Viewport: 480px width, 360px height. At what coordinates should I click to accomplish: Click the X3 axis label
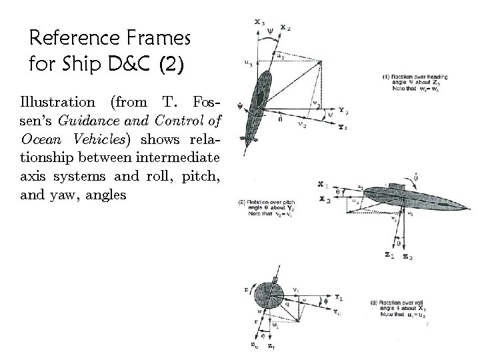pyautogui.click(x=260, y=22)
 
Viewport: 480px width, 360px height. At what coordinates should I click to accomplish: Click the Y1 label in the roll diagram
pyautogui.click(x=320, y=297)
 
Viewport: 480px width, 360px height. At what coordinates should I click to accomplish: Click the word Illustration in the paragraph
pyautogui.click(x=57, y=102)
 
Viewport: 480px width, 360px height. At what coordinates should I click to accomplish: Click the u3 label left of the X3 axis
pyautogui.click(x=248, y=64)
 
